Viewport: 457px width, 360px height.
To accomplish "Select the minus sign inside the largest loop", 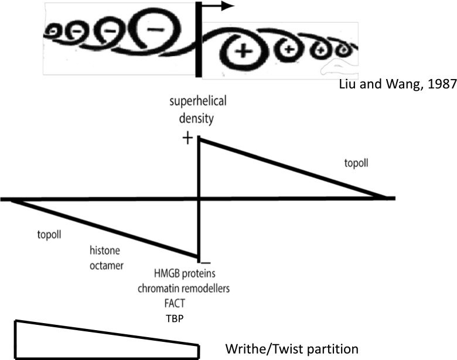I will tap(156, 28).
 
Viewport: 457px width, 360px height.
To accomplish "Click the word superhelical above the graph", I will tap(199, 101).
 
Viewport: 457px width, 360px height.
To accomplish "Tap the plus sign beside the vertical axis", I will tap(187, 138).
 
